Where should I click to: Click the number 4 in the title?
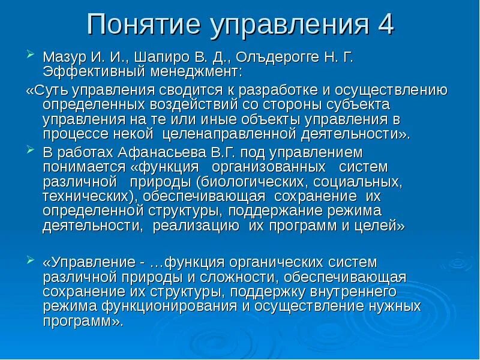click(384, 25)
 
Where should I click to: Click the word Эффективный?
click(88, 73)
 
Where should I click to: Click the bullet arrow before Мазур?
click(31, 57)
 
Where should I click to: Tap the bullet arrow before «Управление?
click(31, 260)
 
